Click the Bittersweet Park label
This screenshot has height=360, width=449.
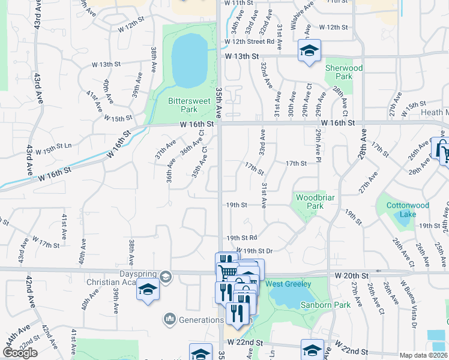(190, 106)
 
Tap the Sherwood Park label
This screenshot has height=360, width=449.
(344, 73)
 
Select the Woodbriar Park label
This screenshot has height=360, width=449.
(310, 202)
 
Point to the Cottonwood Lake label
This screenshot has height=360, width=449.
(408, 210)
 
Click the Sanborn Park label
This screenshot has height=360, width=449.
(333, 305)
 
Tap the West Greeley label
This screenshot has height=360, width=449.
(289, 284)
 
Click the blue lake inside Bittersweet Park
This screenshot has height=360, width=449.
(190, 60)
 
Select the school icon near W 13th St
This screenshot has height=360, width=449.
(309, 50)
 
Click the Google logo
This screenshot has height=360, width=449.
(20, 353)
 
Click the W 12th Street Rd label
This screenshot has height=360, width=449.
(249, 42)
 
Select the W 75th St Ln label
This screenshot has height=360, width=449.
(53, 146)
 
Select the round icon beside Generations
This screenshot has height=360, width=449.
(170, 319)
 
